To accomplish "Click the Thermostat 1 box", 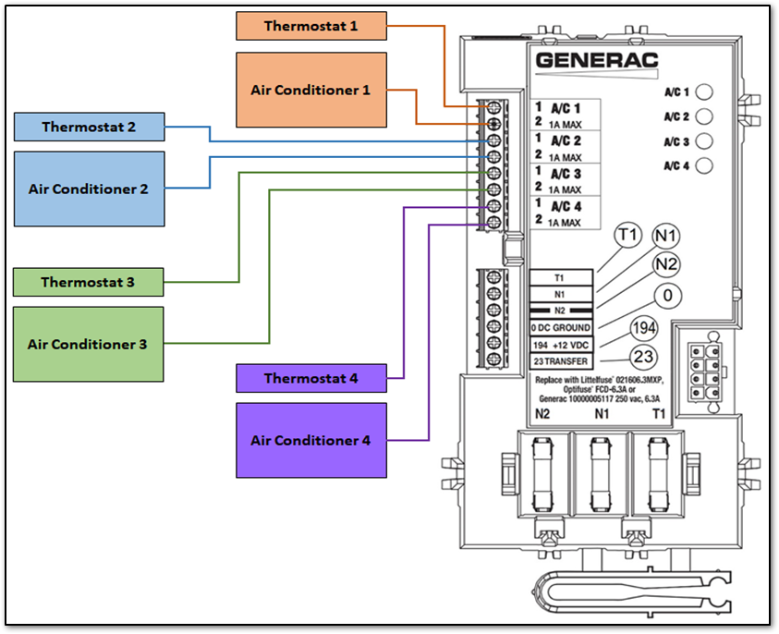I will click(310, 26).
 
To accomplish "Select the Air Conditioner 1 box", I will click(310, 90).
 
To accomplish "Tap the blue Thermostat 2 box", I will click(89, 127).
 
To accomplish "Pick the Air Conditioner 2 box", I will click(89, 189).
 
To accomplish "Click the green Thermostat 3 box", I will click(89, 282).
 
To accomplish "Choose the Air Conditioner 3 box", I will click(89, 344).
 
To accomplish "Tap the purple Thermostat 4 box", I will click(310, 378).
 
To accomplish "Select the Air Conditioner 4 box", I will click(310, 440).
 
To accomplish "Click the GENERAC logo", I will click(597, 61).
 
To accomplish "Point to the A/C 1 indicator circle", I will click(704, 92).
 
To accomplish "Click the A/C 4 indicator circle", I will click(704, 166).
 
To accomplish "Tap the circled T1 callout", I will click(628, 236).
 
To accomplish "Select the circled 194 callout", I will click(643, 328).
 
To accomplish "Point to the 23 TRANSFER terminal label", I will click(559, 360).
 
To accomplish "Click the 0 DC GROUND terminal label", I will click(559, 327).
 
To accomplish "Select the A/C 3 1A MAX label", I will click(566, 181).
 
